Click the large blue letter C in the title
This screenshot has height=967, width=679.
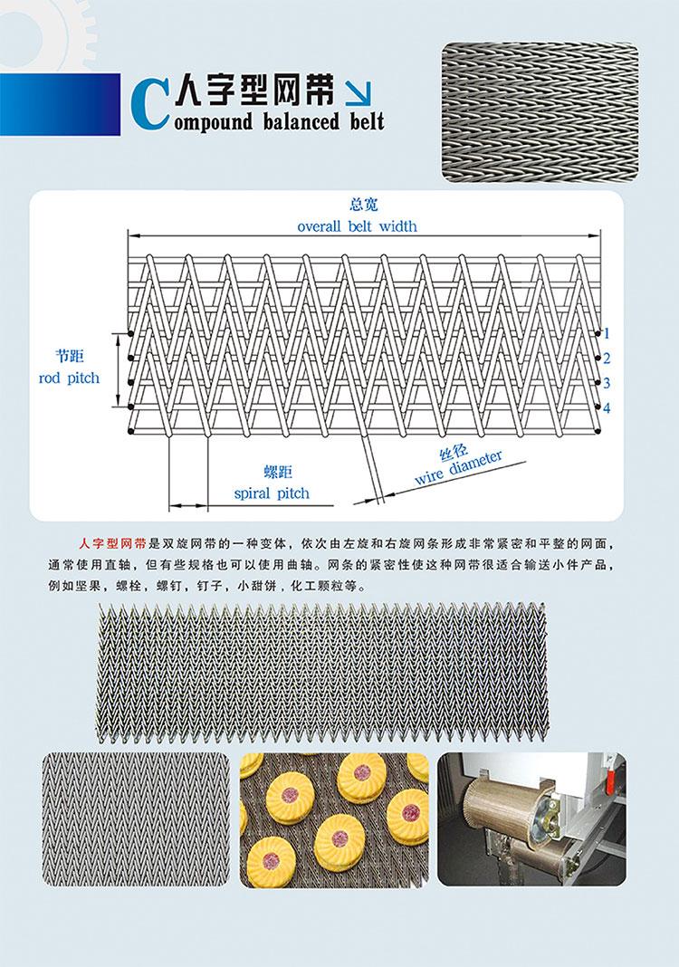[150, 105]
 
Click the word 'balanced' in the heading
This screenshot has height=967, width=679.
[301, 120]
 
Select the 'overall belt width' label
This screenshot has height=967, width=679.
[357, 226]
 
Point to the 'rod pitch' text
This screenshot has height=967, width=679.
[69, 378]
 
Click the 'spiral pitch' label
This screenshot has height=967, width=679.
[272, 493]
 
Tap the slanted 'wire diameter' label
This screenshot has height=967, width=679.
[459, 467]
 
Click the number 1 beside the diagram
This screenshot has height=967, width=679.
[607, 333]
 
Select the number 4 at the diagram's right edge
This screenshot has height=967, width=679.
[607, 407]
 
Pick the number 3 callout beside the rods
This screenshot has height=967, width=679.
[607, 383]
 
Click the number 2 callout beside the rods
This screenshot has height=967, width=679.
[607, 359]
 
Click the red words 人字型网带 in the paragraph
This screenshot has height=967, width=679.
[113, 544]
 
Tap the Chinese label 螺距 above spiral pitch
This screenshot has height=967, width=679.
[278, 473]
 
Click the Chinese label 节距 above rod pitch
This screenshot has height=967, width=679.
[69, 356]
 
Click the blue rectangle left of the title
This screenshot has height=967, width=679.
[61, 104]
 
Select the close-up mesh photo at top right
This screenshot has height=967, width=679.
[540, 112]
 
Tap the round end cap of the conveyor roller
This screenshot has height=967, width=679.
[545, 815]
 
